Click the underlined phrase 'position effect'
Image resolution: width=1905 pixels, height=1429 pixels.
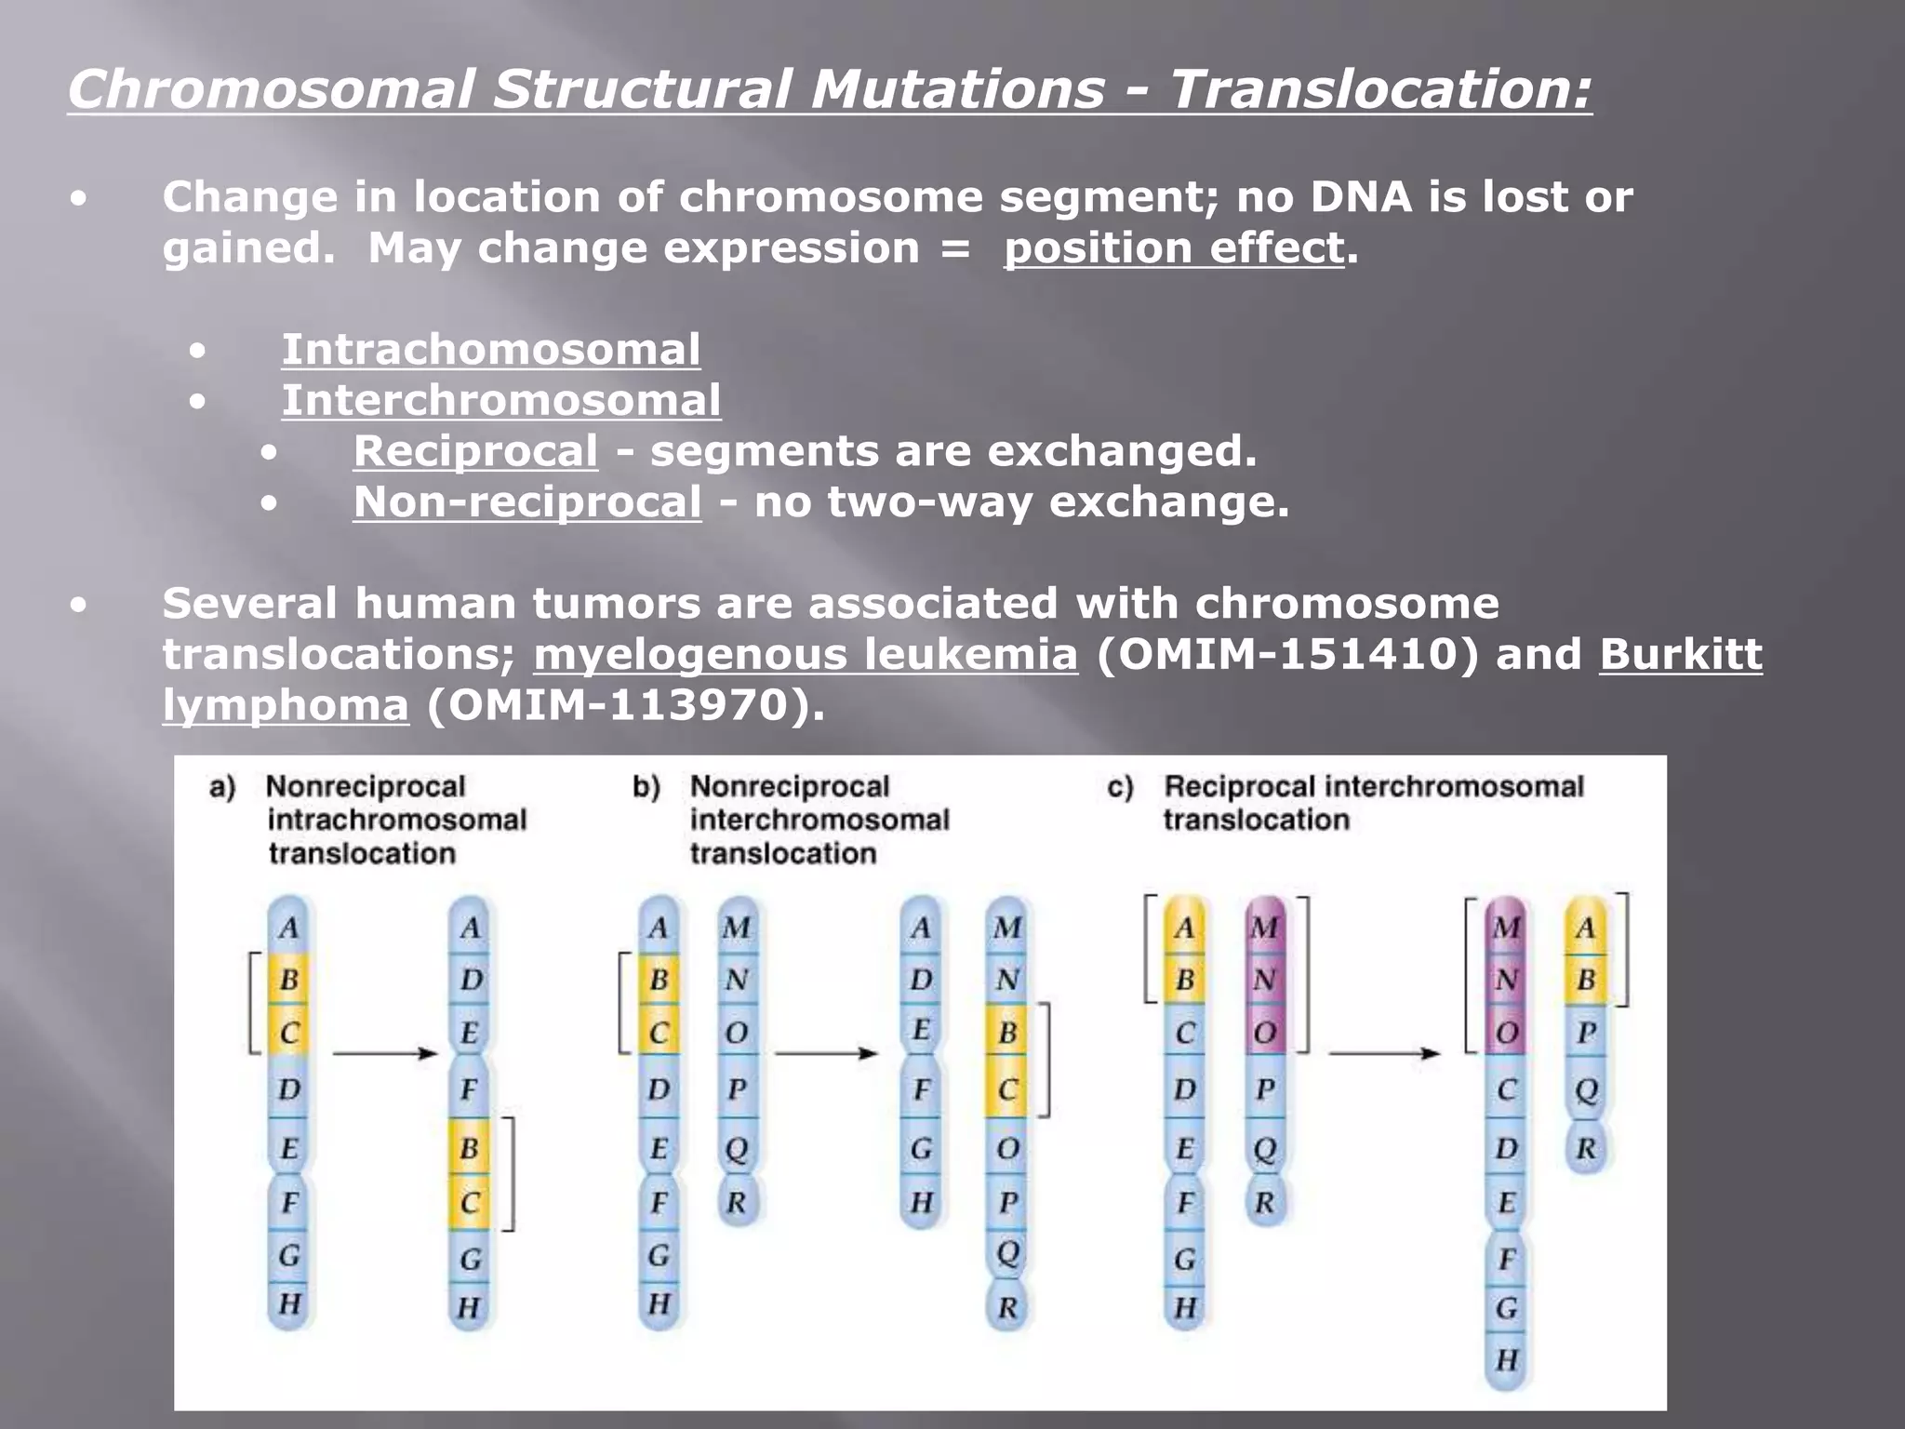coord(1174,248)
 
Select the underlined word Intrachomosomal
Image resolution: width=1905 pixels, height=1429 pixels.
coord(490,350)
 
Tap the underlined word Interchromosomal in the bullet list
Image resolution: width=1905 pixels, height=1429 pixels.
coord(500,401)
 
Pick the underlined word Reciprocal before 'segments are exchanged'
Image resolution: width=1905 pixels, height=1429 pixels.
coord(475,451)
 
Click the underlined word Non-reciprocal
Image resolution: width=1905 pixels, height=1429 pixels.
coord(526,502)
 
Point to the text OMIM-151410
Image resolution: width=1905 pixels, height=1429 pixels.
coord(1287,654)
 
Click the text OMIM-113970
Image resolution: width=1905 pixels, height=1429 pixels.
coord(618,705)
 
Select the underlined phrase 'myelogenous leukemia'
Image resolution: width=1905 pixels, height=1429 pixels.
coord(806,654)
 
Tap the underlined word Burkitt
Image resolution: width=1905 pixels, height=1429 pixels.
coord(1680,654)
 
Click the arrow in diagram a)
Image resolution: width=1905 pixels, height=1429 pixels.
coord(384,1053)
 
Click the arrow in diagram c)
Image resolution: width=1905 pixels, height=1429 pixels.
coord(1383,1053)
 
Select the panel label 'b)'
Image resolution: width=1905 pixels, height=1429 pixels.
coord(646,788)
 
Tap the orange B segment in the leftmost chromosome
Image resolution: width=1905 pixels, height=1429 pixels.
coord(288,980)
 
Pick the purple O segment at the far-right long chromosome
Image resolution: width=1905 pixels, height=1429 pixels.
coord(1506,1033)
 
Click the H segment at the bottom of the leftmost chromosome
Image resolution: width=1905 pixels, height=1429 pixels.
coord(289,1304)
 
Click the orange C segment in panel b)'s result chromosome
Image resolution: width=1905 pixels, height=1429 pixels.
coord(1006,1089)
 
